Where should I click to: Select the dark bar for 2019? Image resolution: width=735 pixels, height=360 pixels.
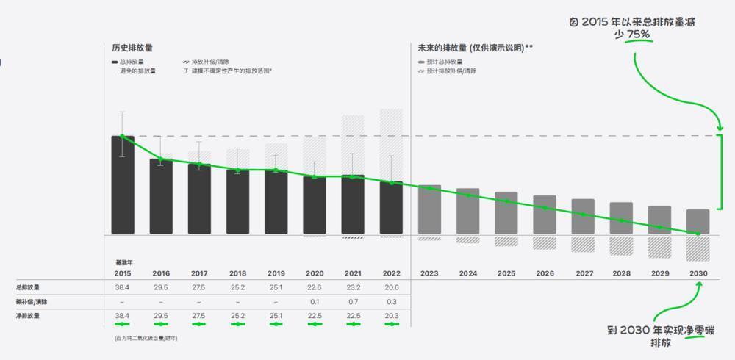(276, 202)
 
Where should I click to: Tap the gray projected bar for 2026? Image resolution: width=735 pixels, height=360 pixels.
(545, 215)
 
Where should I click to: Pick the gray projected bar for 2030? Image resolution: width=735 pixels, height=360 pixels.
(698, 221)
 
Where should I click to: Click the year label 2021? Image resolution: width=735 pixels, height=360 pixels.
(353, 273)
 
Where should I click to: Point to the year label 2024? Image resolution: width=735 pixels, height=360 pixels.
(468, 273)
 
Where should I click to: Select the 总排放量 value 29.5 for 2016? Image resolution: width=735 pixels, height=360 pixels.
(161, 287)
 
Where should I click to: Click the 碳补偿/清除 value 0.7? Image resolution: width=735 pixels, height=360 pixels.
(353, 302)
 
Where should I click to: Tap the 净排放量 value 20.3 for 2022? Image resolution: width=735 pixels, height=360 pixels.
(391, 316)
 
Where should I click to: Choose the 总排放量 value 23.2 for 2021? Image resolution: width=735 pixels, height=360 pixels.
(353, 287)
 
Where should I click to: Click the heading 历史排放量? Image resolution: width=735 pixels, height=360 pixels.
(132, 47)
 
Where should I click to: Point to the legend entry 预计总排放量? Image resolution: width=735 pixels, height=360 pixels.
(445, 62)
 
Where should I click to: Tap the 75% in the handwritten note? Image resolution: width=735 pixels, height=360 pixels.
(638, 34)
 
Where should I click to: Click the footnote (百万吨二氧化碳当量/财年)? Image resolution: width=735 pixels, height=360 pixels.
(146, 338)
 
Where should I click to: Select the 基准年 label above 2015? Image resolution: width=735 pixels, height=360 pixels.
(123, 262)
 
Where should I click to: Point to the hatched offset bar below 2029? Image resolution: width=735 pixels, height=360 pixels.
(659, 247)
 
